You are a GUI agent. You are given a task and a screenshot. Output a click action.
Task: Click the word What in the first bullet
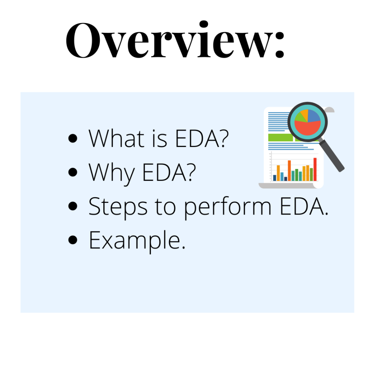coord(117,138)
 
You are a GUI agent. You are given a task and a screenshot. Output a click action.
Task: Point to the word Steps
coord(117,207)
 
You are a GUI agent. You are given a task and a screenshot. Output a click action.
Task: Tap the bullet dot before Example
coord(73,241)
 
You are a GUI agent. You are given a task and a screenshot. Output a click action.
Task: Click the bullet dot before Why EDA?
coord(73,172)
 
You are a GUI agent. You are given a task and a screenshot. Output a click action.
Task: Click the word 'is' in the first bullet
coord(160,138)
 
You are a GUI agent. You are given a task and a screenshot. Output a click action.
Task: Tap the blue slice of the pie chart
coord(314,115)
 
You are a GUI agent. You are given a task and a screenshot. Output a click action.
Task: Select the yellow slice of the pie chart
coord(304,113)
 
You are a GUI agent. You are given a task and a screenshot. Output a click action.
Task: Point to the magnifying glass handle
coord(334,158)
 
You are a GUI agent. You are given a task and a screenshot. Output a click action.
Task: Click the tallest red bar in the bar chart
coord(315,169)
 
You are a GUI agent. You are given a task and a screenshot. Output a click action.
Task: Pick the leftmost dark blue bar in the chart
coord(274,178)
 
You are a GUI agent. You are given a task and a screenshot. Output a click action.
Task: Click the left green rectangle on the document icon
coord(280,138)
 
